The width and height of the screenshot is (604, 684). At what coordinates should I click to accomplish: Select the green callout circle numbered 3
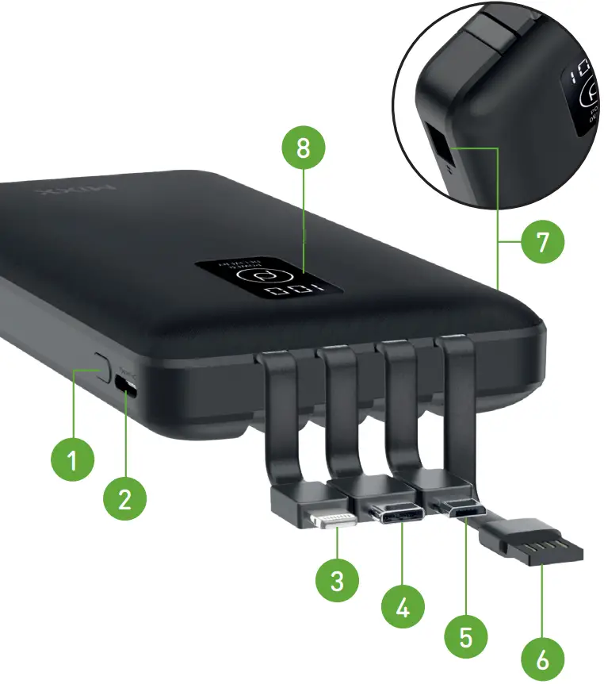coord(338,581)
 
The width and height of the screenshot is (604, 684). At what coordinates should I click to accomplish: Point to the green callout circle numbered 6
coord(542,658)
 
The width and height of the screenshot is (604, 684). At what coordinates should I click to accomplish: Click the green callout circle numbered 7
coord(542,242)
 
